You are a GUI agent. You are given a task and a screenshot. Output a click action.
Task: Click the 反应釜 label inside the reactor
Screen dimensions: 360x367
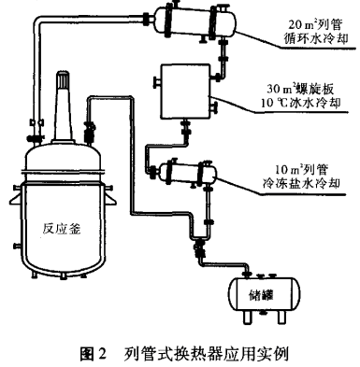pyautogui.click(x=62, y=229)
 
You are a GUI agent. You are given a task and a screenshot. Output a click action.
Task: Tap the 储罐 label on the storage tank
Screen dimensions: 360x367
pyautogui.click(x=261, y=294)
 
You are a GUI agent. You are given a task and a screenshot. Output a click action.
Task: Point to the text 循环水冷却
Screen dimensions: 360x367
pyautogui.click(x=316, y=39)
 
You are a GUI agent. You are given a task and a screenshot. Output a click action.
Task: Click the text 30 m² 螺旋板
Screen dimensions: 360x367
pyautogui.click(x=300, y=90)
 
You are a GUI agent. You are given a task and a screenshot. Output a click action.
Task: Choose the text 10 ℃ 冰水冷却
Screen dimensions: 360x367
pyautogui.click(x=300, y=103)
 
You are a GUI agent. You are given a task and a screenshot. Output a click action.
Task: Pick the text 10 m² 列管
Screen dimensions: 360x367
pyautogui.click(x=301, y=170)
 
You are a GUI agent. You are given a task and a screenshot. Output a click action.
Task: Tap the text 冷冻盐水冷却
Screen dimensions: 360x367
pyautogui.click(x=301, y=183)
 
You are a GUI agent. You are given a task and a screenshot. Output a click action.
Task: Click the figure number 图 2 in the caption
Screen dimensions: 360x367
pyautogui.click(x=94, y=354)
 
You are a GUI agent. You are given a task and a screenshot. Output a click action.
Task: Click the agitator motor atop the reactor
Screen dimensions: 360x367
pyautogui.click(x=64, y=106)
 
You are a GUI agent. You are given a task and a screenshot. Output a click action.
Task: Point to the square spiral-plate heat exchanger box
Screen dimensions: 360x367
pyautogui.click(x=185, y=92)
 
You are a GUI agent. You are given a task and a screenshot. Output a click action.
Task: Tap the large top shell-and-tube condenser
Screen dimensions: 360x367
pyautogui.click(x=194, y=21)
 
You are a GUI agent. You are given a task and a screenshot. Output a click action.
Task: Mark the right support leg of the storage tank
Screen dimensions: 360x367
pyautogui.click(x=282, y=317)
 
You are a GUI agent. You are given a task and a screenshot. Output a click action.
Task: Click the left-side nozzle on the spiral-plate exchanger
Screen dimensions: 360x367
pyautogui.click(x=156, y=82)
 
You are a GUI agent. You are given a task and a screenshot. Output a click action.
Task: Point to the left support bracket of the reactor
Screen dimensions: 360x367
pyautogui.click(x=16, y=199)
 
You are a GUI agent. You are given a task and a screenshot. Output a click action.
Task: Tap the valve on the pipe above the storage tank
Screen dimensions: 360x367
pyautogui.click(x=199, y=248)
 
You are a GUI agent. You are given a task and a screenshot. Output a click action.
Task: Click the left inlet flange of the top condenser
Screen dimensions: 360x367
pyautogui.click(x=147, y=18)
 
